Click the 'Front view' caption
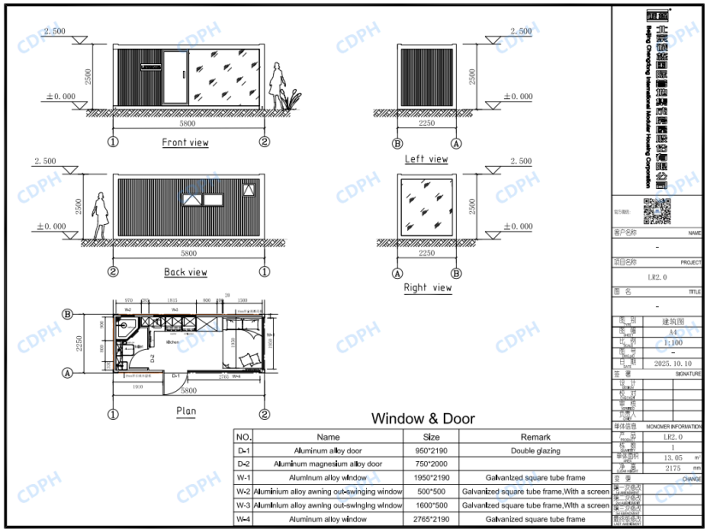tap(186, 143)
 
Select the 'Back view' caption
tap(186, 272)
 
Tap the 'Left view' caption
tap(426, 159)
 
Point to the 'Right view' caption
tap(428, 288)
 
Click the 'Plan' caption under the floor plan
tap(186, 411)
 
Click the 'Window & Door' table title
tap(423, 419)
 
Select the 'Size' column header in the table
tap(431, 436)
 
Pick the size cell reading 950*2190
tap(431, 450)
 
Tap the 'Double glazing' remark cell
tap(535, 450)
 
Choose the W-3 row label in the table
tap(244, 505)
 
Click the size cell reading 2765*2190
tap(431, 519)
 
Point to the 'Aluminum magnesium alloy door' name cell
tap(328, 464)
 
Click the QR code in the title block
tap(657, 210)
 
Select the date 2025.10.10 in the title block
tap(672, 364)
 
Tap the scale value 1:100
tap(672, 342)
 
